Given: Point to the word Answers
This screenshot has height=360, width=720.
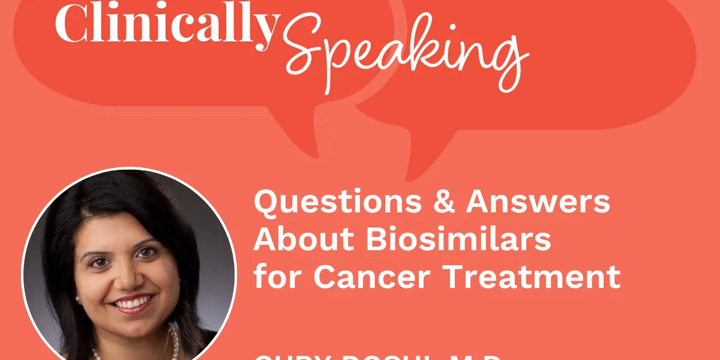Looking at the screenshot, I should [538, 202].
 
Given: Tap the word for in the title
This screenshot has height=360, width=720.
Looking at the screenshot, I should [277, 275].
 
